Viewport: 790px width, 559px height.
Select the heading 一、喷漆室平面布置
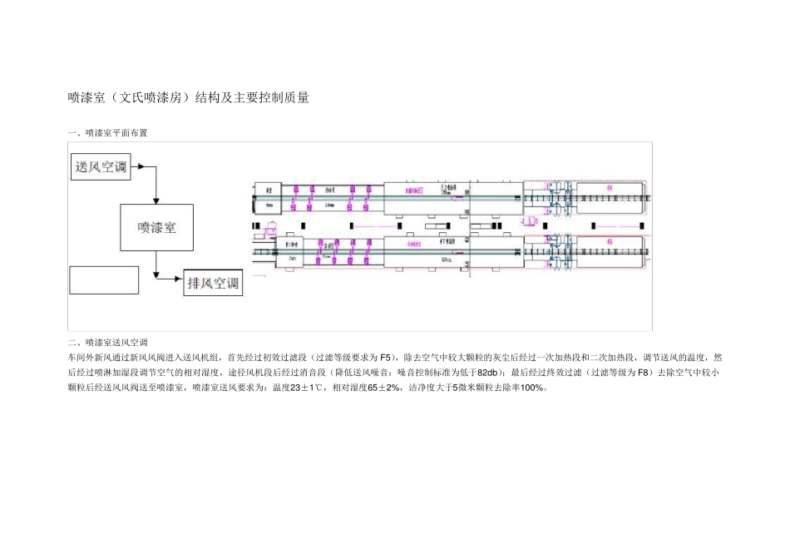[107, 133]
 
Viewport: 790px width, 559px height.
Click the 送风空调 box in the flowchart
[101, 167]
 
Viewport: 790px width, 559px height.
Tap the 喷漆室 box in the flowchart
[156, 227]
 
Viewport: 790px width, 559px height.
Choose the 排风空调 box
[213, 284]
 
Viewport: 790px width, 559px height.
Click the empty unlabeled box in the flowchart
[104, 279]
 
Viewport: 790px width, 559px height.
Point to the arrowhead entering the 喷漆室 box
[156, 200]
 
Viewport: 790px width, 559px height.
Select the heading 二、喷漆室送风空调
[107, 342]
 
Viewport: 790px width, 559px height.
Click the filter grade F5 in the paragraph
[388, 357]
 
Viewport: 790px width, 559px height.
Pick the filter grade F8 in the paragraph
[643, 372]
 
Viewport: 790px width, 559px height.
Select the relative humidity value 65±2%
[383, 388]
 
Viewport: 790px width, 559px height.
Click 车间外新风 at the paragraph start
[87, 357]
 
